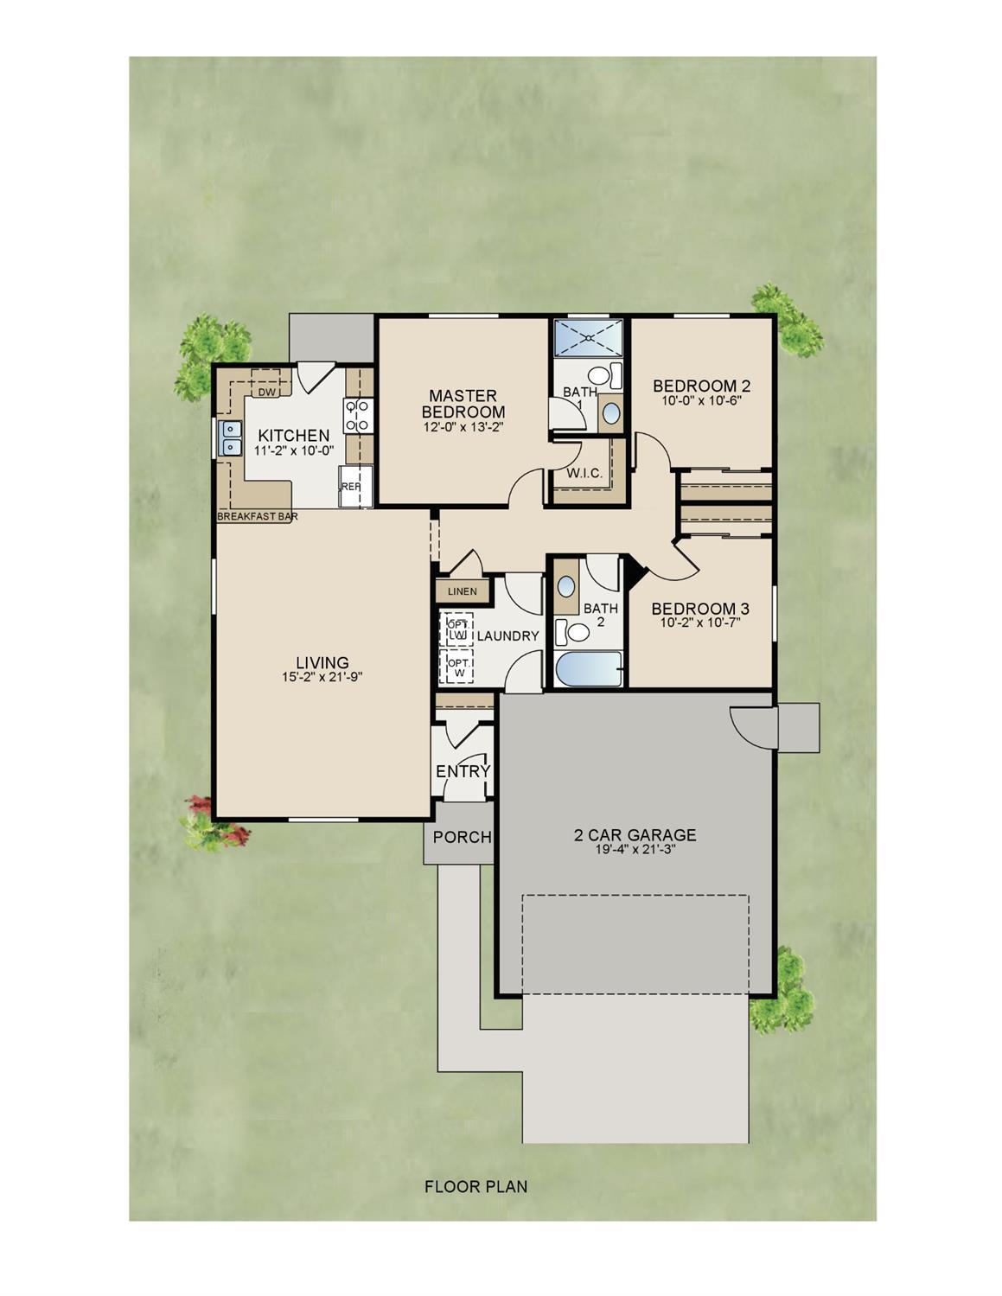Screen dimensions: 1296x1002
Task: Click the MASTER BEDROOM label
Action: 463,404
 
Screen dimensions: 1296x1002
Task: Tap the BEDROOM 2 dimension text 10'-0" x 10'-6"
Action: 701,401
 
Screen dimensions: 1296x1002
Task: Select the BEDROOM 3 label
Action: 700,609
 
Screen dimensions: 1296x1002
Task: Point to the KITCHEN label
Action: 294,436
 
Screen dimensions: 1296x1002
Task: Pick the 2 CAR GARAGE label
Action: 635,835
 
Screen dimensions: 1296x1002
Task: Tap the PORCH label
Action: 462,837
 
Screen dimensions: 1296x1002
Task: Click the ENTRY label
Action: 463,771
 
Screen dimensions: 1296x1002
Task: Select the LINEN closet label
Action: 463,592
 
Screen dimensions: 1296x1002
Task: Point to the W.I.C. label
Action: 585,474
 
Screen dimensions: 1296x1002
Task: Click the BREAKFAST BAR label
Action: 258,516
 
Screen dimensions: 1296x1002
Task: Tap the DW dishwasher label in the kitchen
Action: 266,393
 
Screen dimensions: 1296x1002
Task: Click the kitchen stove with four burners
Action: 359,415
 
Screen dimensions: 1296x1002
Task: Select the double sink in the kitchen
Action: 230,438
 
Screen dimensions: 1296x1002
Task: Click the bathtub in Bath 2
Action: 589,670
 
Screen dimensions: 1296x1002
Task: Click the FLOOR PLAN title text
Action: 475,1187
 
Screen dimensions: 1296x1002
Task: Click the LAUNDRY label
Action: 507,636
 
